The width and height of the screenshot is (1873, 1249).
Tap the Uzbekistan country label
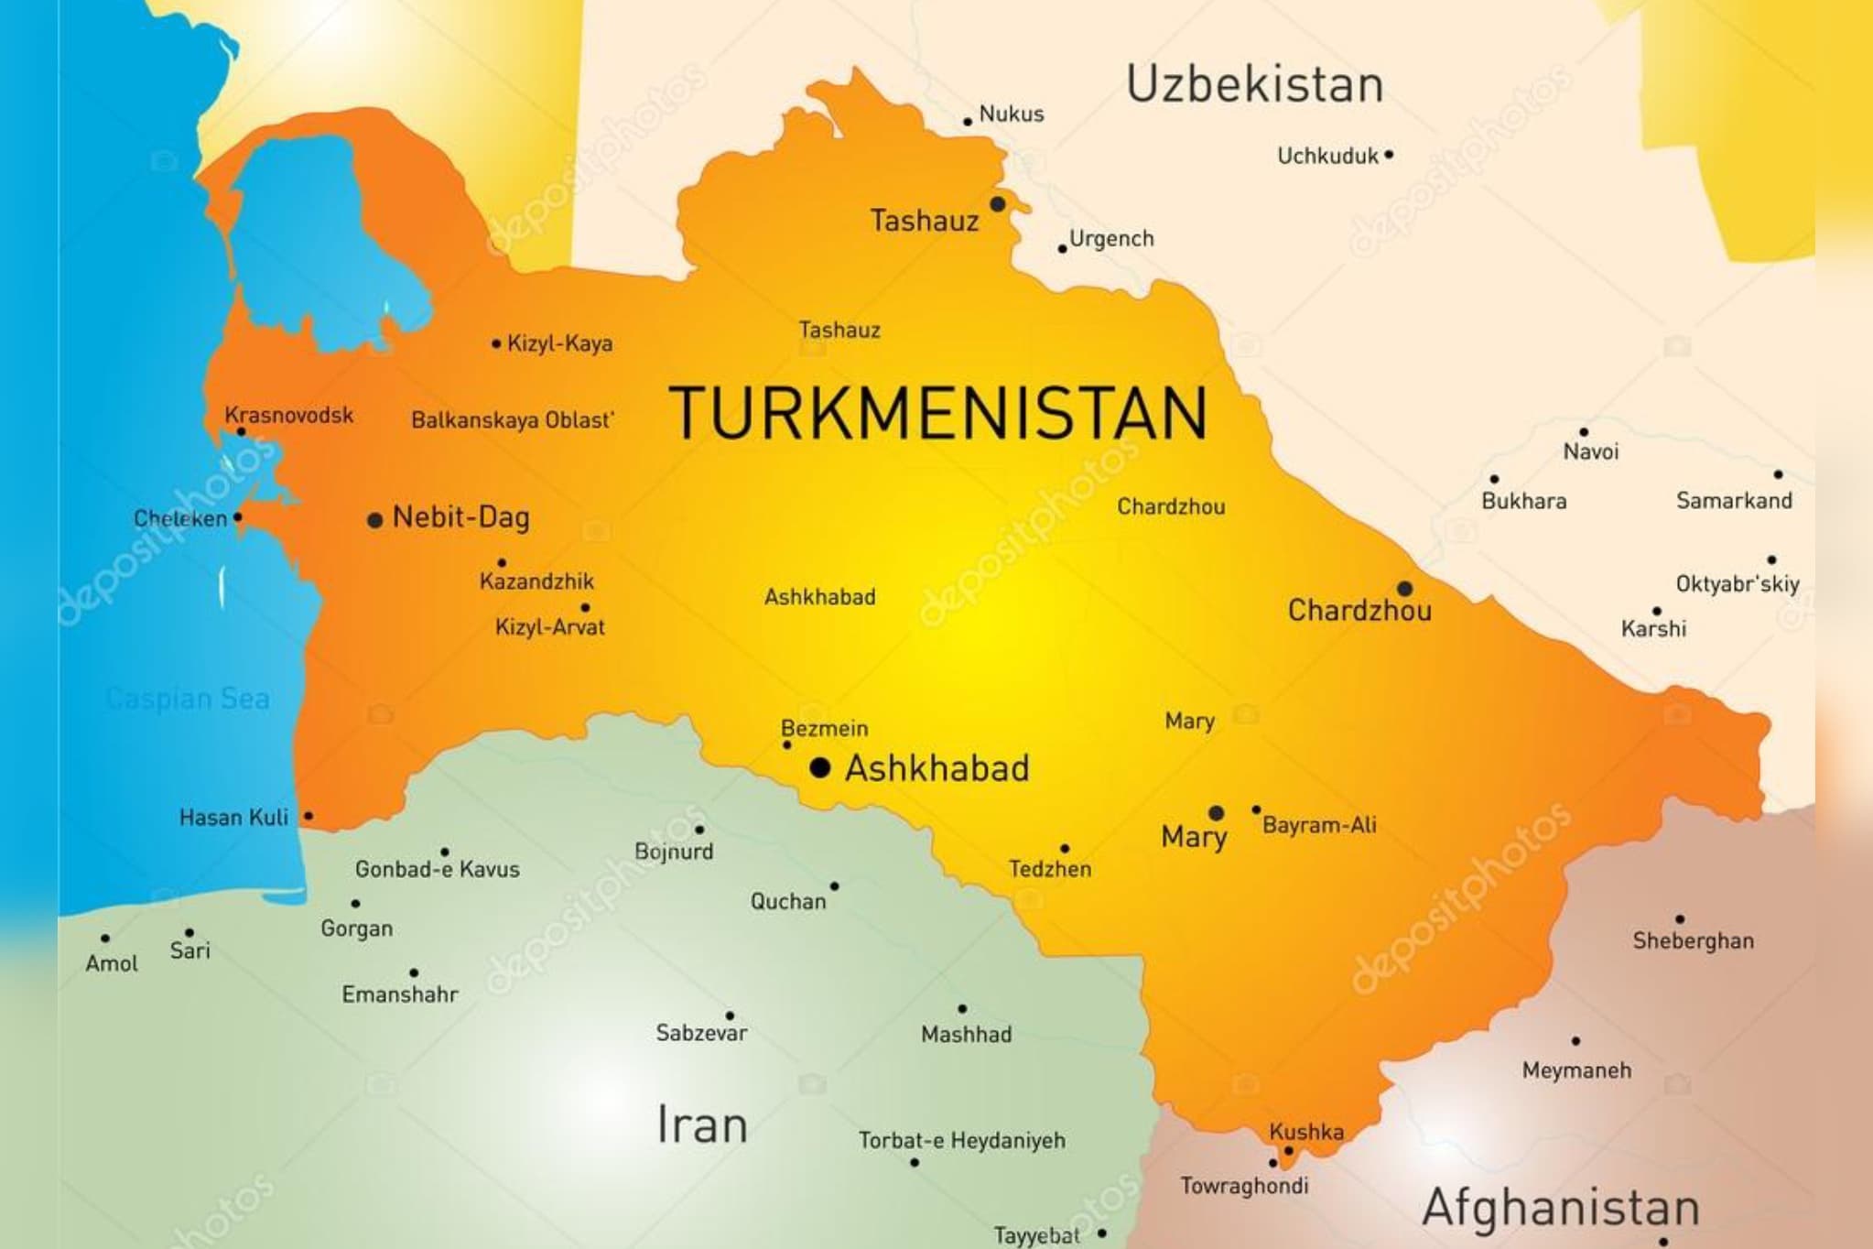[x=1254, y=84]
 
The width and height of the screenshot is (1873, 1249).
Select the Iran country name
[x=702, y=1125]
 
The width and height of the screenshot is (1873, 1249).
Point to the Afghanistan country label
[x=1561, y=1207]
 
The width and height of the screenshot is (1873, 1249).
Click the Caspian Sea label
[x=188, y=699]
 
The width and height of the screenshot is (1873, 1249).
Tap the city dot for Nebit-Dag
[x=374, y=520]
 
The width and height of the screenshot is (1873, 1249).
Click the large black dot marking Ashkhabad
[x=820, y=767]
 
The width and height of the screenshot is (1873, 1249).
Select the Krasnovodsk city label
[x=288, y=415]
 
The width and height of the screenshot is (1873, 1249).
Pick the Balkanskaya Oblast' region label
[x=512, y=420]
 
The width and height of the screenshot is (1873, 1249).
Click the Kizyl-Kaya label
[x=559, y=343]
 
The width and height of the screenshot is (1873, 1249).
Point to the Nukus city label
[x=1011, y=114]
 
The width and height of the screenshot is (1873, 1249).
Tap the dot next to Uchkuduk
[x=1389, y=155]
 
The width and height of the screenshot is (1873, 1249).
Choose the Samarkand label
[x=1734, y=500]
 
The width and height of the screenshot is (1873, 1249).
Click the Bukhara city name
[x=1523, y=501]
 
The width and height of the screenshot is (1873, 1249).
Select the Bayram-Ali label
[x=1319, y=825]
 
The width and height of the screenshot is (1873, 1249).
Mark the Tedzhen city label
[x=1050, y=869]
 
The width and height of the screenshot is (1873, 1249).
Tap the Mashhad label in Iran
[x=966, y=1035]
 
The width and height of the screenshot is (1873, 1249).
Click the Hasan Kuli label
[x=233, y=817]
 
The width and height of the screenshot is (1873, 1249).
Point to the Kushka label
[x=1306, y=1132]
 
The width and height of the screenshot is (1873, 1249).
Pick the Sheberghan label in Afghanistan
[x=1693, y=940]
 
